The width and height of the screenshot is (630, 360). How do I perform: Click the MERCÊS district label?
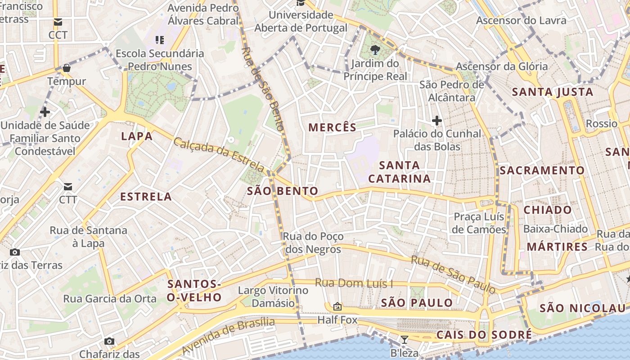(x=332, y=127)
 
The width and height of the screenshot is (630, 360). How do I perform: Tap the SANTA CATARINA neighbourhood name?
(x=399, y=172)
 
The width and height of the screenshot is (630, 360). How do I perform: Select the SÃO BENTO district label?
(x=283, y=191)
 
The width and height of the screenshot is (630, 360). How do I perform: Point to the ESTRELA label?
(x=146, y=197)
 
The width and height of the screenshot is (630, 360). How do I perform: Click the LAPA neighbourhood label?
(x=137, y=136)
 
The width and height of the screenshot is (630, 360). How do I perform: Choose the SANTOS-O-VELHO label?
(x=194, y=291)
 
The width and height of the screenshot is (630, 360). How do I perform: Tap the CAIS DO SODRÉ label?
(x=484, y=335)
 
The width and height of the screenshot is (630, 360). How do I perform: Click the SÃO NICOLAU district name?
(x=582, y=308)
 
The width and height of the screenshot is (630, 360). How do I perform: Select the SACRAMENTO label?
(x=542, y=171)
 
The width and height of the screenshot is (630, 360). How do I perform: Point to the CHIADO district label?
(x=548, y=210)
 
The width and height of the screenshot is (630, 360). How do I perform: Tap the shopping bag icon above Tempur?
(x=67, y=68)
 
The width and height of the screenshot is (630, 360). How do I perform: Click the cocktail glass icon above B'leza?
(x=404, y=340)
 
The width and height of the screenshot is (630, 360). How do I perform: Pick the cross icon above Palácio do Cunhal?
(x=436, y=120)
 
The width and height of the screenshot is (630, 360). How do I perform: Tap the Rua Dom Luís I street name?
(x=354, y=283)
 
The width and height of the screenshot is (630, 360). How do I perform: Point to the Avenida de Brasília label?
(x=228, y=335)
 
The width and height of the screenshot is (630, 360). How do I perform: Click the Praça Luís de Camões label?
(x=479, y=223)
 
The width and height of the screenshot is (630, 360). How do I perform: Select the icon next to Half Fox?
(x=337, y=307)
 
